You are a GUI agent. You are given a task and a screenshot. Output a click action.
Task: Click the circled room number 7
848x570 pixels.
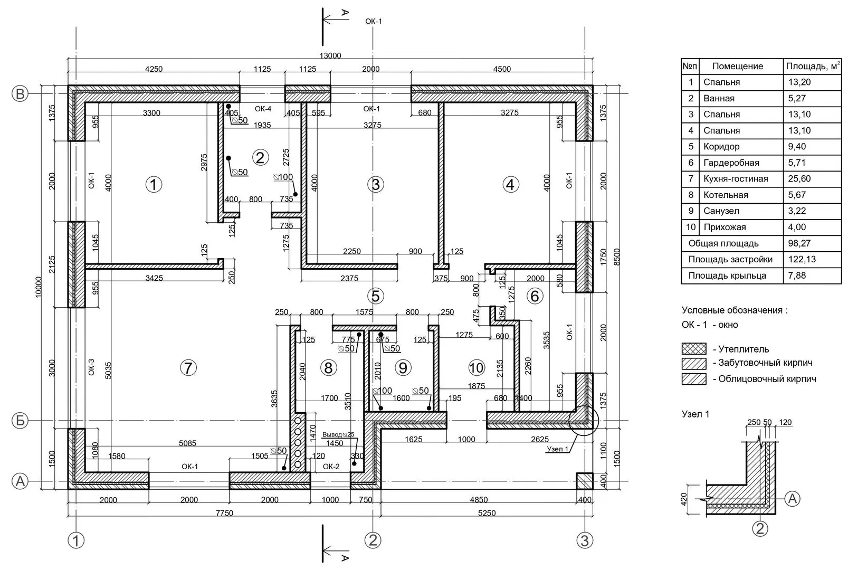coord(188,367)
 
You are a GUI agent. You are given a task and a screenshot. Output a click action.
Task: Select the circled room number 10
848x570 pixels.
coord(476,367)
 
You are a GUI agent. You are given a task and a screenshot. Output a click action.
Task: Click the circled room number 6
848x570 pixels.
coord(535,296)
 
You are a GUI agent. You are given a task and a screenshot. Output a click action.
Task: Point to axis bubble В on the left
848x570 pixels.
coord(20,94)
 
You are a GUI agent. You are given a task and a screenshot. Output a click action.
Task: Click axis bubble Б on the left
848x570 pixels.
coord(20,421)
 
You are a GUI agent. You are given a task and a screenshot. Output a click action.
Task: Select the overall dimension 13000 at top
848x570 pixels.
coord(330,56)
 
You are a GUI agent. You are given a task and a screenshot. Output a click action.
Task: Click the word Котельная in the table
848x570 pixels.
coord(726,195)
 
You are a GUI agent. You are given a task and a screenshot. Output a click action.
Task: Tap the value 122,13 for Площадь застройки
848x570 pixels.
coord(799,260)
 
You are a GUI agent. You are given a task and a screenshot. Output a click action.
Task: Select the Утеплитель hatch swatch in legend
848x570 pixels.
coord(694,349)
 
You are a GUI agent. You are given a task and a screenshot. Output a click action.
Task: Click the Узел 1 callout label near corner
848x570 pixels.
coord(557,449)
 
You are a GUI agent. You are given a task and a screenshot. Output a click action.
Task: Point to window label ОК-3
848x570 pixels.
coord(91,367)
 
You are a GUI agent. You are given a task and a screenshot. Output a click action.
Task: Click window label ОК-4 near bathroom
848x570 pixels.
coord(263,109)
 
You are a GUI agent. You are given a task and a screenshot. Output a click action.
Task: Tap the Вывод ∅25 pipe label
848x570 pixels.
coord(338,435)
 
